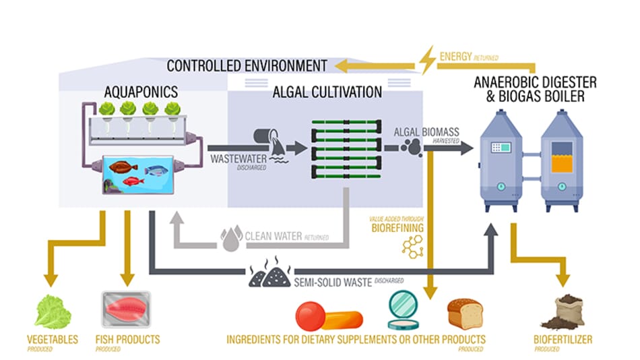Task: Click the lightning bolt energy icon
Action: tap(427, 60)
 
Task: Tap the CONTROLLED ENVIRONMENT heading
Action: tap(247, 65)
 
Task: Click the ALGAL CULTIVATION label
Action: tap(327, 92)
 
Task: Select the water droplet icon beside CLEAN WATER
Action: tap(231, 239)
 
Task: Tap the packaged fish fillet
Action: tap(126, 309)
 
